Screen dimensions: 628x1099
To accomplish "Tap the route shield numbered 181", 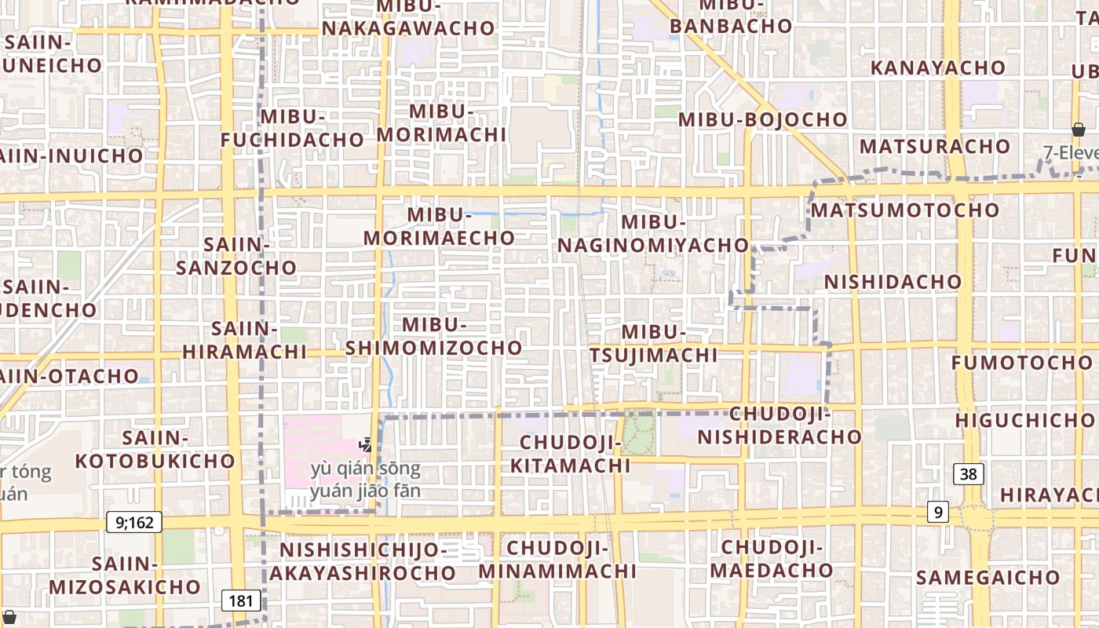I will tap(241, 601).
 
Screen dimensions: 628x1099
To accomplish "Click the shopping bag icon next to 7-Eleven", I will tap(1079, 130).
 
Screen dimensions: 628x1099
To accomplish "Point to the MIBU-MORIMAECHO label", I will tap(439, 226).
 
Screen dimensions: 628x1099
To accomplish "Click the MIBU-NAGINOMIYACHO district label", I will tap(653, 233).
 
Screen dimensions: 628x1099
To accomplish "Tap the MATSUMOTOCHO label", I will tap(904, 210).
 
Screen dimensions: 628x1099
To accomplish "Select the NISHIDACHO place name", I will tap(893, 281).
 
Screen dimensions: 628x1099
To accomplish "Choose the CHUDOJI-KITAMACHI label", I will tap(570, 455).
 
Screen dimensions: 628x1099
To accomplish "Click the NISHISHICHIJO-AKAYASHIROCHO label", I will tap(363, 561).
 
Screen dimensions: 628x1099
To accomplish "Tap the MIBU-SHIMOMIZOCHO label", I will tap(434, 336).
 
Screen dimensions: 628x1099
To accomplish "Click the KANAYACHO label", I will tap(937, 68).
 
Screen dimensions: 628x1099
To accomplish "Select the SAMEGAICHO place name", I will tap(988, 578).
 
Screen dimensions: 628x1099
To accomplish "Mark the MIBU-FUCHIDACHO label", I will tap(292, 129).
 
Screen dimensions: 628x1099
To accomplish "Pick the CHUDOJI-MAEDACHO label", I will tap(772, 558).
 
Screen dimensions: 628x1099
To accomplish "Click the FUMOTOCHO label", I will tap(1021, 363).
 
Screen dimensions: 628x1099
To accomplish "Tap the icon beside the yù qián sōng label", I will tap(365, 445).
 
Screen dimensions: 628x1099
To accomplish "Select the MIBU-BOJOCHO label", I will tap(763, 119).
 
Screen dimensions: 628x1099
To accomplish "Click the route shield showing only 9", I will tap(937, 512).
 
